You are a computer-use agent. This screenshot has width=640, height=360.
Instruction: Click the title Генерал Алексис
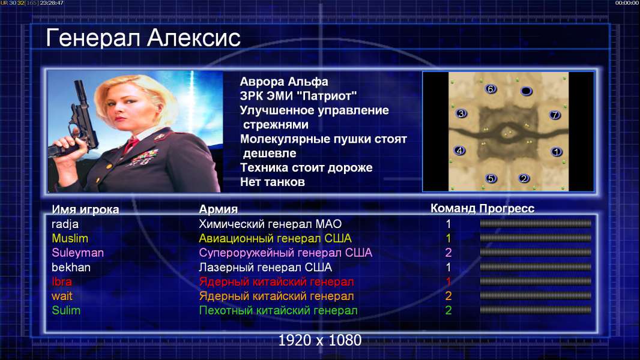point(143,38)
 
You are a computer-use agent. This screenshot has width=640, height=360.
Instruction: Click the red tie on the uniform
point(131,145)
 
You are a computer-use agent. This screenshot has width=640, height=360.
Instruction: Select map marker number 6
point(491,89)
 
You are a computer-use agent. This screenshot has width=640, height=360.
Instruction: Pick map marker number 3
point(461,113)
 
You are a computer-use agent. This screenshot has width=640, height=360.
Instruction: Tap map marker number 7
point(555,115)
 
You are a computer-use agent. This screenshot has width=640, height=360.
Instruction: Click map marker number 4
point(460,151)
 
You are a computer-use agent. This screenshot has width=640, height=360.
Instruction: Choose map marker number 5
point(491,178)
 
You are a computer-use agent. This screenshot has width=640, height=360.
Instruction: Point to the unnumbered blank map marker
point(527,91)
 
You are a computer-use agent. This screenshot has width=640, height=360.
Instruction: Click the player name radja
point(65,224)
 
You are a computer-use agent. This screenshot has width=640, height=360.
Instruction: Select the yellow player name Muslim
point(70,239)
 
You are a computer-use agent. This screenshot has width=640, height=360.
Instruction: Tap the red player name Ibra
point(62,282)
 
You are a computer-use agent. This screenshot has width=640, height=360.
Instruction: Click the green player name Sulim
point(66,311)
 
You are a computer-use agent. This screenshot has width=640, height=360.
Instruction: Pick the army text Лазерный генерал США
point(265,268)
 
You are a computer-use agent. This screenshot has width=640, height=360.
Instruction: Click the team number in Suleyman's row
point(448,253)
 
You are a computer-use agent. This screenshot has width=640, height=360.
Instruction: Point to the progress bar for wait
point(536,296)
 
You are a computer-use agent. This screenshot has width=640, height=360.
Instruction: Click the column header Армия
point(218,209)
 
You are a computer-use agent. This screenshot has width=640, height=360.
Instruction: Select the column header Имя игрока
point(85,209)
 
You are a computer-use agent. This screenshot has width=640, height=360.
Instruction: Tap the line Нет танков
point(272,182)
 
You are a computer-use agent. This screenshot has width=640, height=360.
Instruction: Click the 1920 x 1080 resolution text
point(319,340)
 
